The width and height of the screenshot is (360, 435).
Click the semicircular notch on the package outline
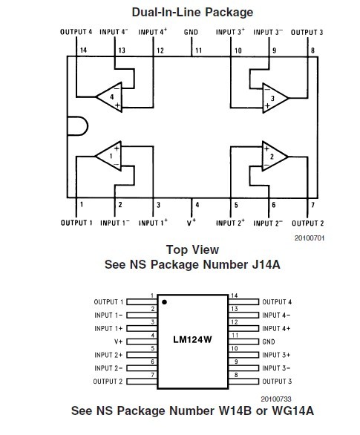[x=88, y=126]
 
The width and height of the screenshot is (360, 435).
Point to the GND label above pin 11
[x=191, y=32]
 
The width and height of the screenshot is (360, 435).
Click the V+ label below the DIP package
[x=192, y=223]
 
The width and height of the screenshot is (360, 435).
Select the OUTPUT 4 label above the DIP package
[x=76, y=32]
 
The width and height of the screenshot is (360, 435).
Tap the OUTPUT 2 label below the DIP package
[x=308, y=223]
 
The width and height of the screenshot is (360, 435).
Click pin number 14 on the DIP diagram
[x=83, y=50]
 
